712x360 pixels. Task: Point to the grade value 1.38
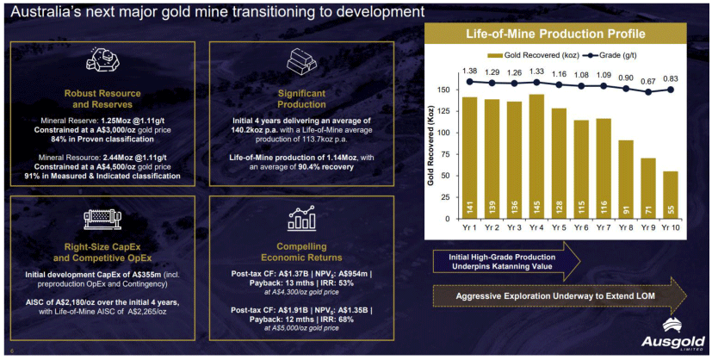coord(469,71)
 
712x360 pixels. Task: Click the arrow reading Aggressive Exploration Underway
coord(555,295)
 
